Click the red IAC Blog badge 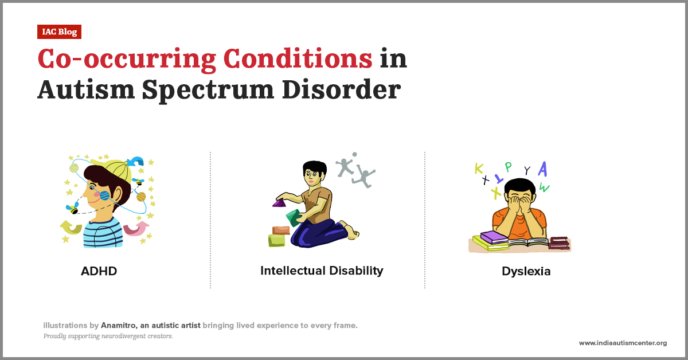(59, 32)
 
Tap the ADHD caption (99, 271)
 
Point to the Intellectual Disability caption (322, 271)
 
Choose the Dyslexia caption (526, 271)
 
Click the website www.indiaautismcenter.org (623, 343)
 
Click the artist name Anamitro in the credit (120, 325)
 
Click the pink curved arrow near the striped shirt (136, 228)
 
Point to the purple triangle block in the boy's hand (279, 202)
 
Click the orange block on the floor (281, 230)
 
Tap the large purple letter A (542, 169)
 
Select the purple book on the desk (494, 236)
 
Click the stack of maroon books (558, 242)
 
